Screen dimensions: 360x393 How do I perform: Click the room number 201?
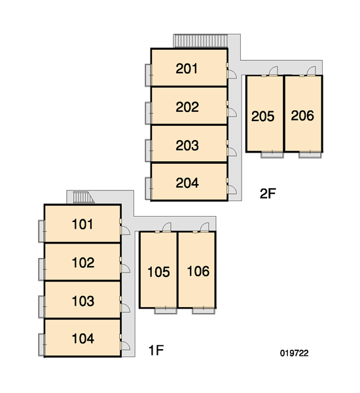[187, 68]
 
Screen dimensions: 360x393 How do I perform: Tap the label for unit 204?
[187, 183]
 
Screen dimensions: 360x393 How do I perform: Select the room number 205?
[262, 117]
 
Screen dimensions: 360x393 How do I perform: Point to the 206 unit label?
[302, 115]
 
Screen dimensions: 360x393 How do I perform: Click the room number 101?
[82, 224]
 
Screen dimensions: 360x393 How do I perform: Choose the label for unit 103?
[83, 301]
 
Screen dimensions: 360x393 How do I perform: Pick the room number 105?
[158, 272]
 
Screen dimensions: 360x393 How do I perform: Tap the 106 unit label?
[198, 271]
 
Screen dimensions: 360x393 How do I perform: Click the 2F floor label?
[268, 193]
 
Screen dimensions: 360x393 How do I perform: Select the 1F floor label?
[156, 350]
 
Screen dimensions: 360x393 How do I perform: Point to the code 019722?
[294, 353]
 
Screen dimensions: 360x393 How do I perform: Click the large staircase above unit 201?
[200, 41]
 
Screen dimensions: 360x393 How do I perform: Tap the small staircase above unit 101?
[83, 197]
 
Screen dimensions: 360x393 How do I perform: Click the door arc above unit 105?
[168, 226]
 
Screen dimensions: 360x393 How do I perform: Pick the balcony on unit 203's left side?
[148, 151]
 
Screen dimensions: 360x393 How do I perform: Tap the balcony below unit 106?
[204, 310]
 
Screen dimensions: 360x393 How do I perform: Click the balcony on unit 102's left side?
[41, 269]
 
